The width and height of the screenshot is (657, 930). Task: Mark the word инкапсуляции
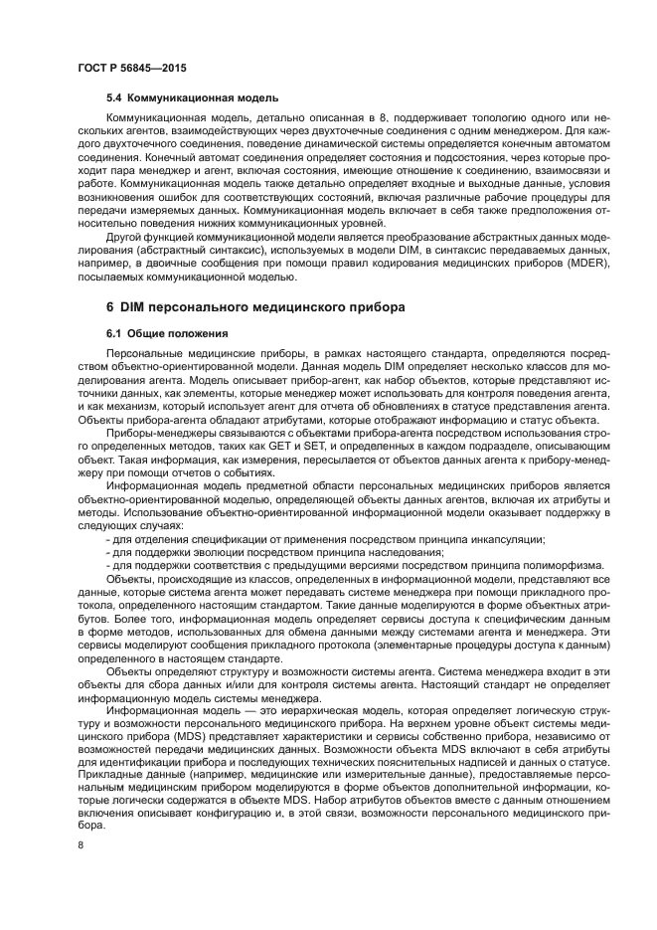(x=503, y=537)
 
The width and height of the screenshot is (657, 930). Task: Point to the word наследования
(x=403, y=551)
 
